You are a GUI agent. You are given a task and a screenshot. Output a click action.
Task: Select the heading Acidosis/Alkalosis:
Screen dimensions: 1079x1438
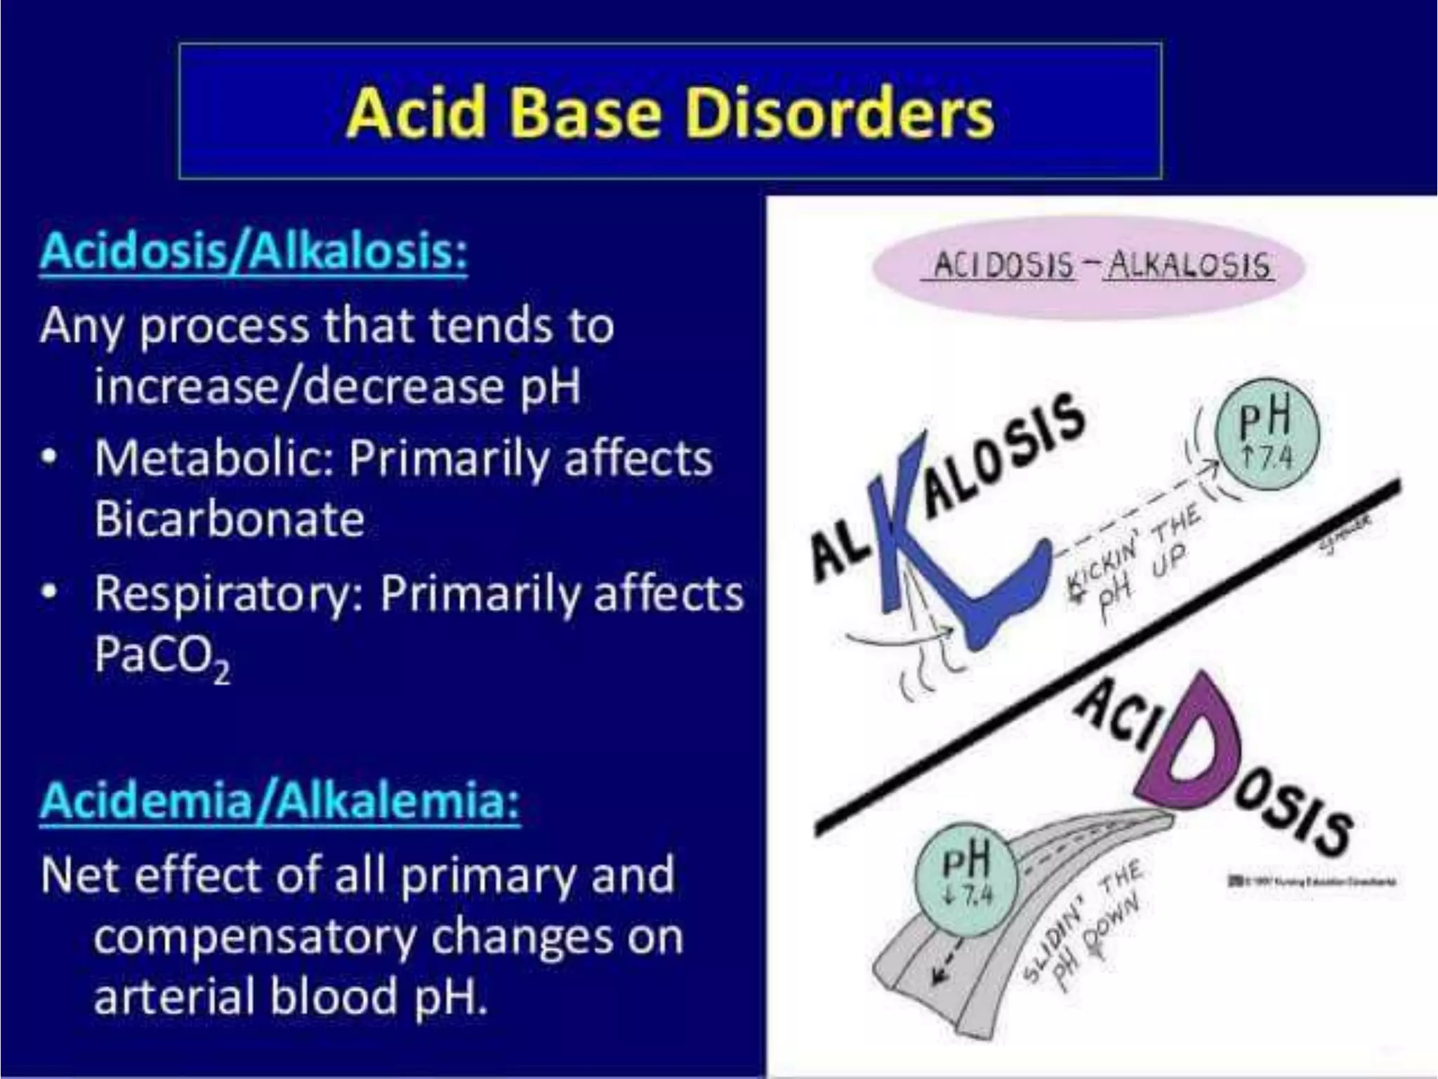(253, 251)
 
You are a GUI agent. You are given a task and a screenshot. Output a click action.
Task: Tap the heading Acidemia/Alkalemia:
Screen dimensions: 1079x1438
(280, 801)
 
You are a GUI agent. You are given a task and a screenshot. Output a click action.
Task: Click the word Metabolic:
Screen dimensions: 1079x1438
(213, 458)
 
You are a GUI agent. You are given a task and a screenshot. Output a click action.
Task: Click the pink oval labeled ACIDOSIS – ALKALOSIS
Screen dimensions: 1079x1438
(1088, 267)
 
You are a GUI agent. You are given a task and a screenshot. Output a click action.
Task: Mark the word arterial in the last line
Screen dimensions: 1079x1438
(176, 996)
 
